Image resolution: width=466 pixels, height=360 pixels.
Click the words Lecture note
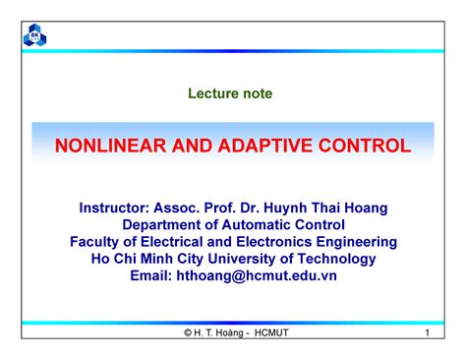232,93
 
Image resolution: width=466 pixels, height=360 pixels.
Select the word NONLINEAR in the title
106,147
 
